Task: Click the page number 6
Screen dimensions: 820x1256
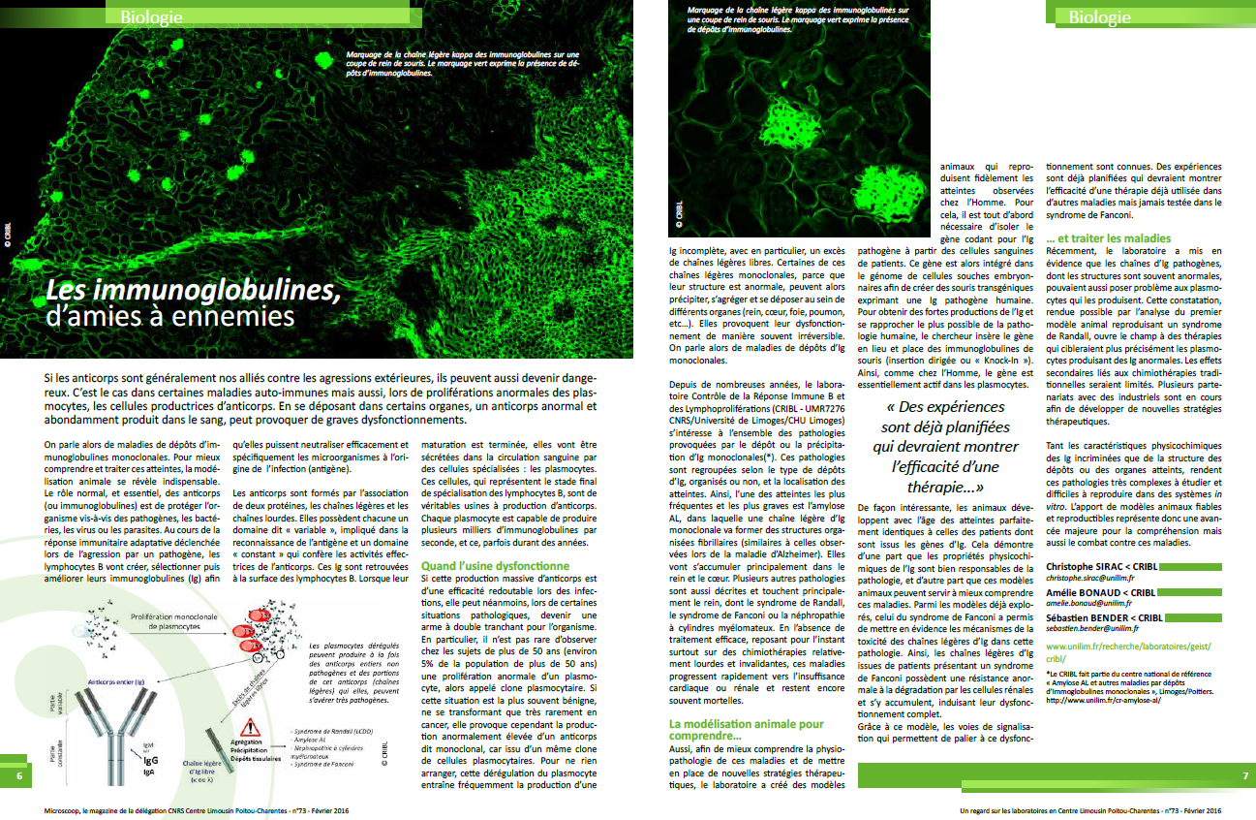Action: click(x=18, y=776)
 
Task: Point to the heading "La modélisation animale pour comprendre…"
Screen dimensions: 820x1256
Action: click(x=747, y=730)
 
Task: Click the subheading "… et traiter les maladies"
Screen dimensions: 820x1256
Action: click(x=1108, y=237)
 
